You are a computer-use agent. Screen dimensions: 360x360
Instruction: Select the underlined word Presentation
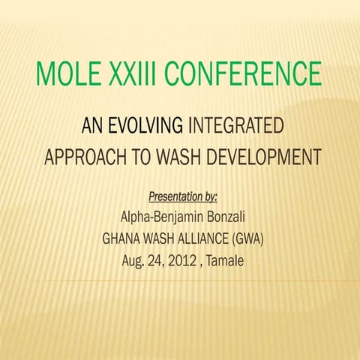[x=175, y=197]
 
